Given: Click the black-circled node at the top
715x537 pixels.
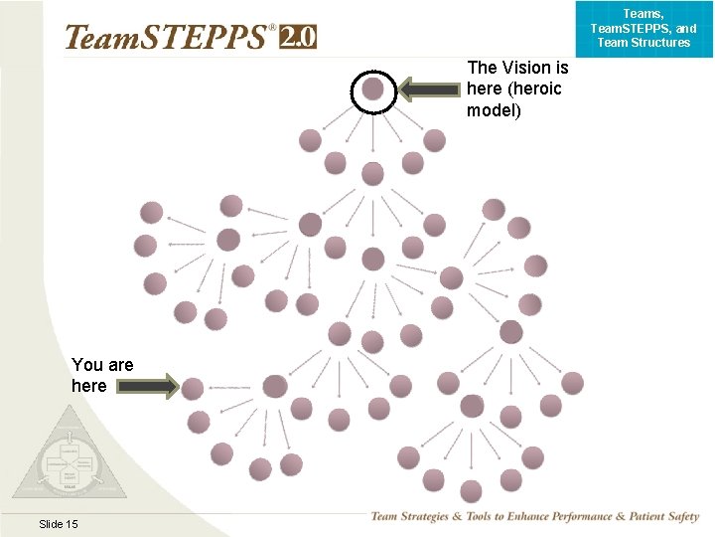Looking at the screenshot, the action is click(372, 89).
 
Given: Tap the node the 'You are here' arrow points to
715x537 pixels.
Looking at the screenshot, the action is click(193, 389).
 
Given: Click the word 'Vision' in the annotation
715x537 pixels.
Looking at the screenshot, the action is click(528, 68).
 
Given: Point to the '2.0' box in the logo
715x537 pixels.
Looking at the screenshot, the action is click(297, 37).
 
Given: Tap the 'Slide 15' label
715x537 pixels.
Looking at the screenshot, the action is click(59, 524).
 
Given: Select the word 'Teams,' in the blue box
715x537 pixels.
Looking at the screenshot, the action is click(643, 14).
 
